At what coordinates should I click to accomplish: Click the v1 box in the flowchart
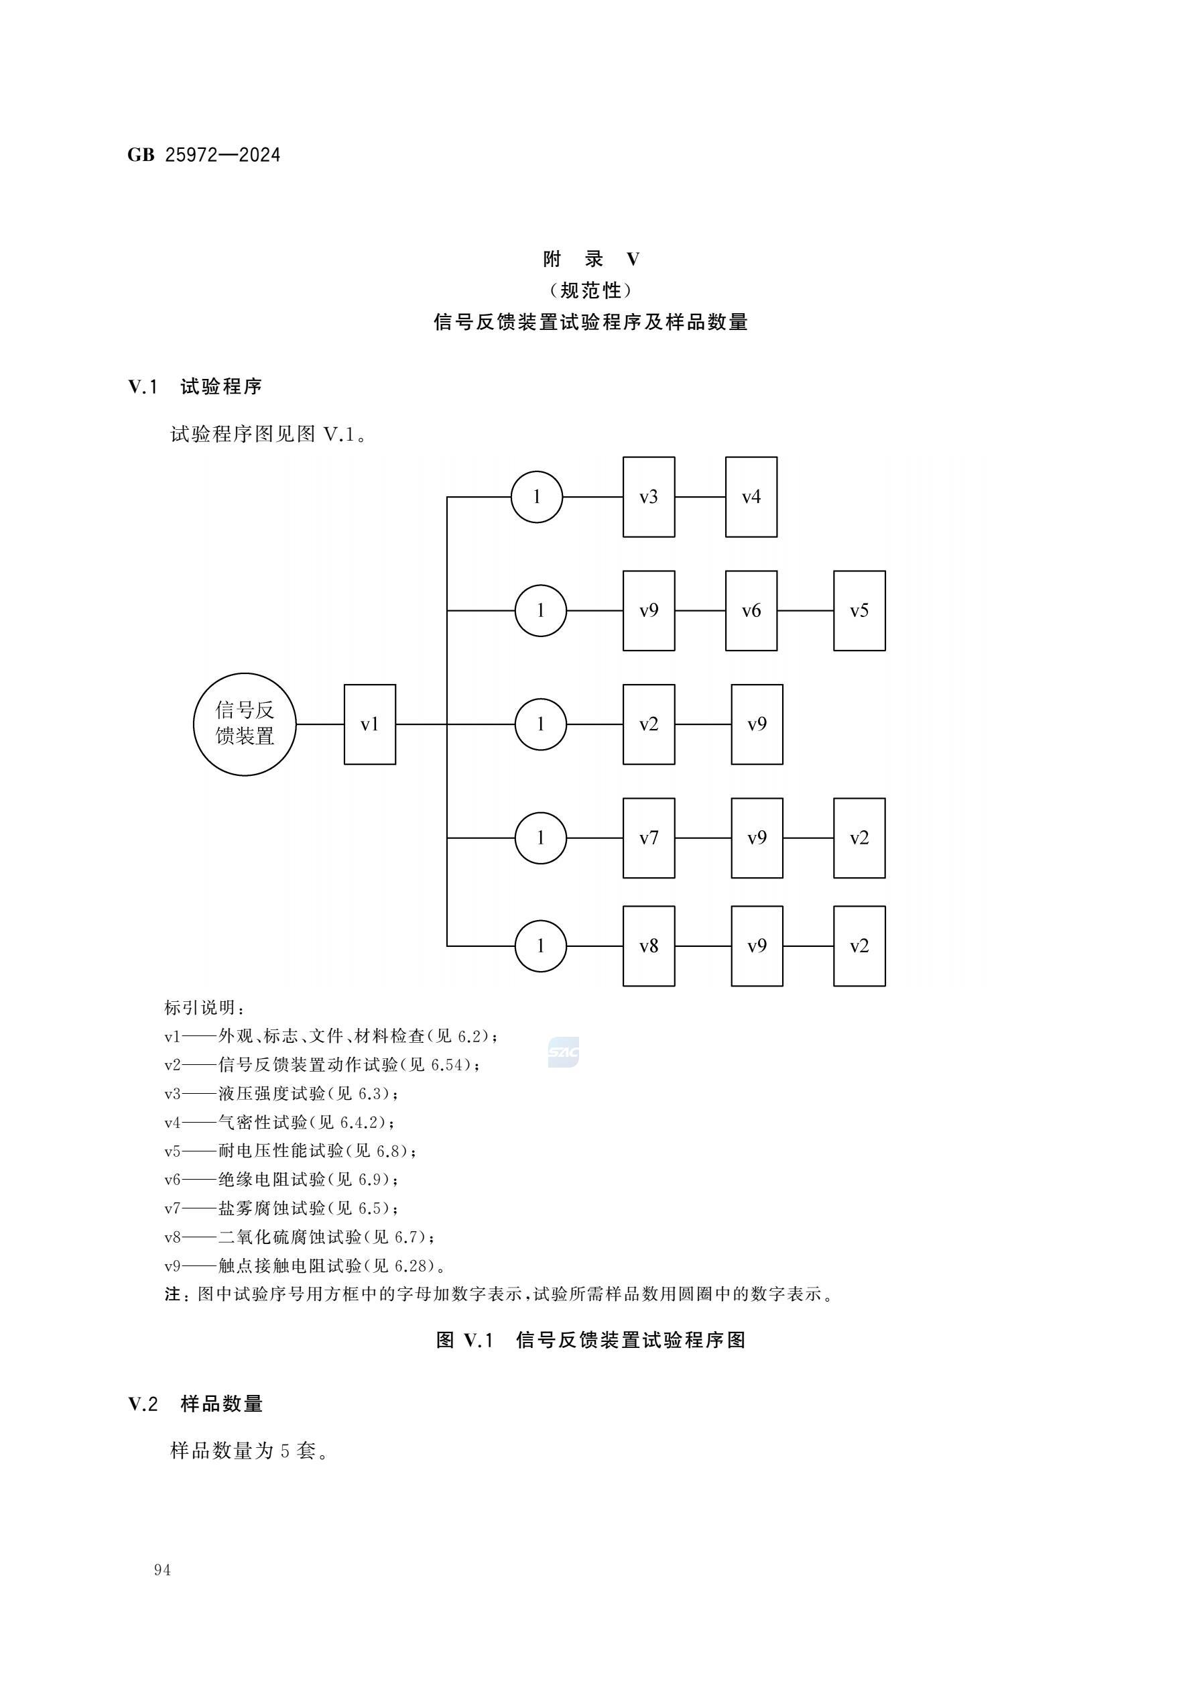[369, 724]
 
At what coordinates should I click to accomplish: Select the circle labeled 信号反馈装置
[245, 724]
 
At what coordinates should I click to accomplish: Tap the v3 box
[648, 496]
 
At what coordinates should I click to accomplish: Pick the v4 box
[751, 496]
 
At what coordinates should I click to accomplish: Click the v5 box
[859, 610]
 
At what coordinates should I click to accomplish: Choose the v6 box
[751, 610]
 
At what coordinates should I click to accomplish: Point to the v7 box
[648, 838]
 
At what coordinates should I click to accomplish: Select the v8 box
[648, 946]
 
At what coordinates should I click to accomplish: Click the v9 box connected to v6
[648, 610]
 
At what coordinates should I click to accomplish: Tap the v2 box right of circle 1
[648, 724]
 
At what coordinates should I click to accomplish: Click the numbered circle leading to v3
[537, 496]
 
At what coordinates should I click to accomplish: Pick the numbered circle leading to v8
[541, 946]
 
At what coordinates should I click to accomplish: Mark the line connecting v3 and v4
[700, 496]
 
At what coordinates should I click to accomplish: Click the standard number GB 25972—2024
[204, 155]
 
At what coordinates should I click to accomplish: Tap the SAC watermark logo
[564, 1052]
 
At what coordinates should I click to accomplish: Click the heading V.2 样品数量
[196, 1404]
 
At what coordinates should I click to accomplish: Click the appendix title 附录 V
[590, 259]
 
